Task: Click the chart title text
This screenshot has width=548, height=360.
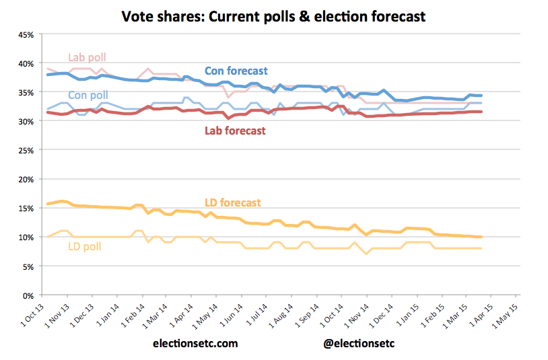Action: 273,15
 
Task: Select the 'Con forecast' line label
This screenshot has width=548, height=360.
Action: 236,71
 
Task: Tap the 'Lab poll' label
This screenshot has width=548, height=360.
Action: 88,57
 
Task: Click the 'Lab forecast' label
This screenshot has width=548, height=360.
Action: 235,131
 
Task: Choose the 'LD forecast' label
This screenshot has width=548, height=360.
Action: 233,202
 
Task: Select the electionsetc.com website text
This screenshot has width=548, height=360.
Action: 195,343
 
